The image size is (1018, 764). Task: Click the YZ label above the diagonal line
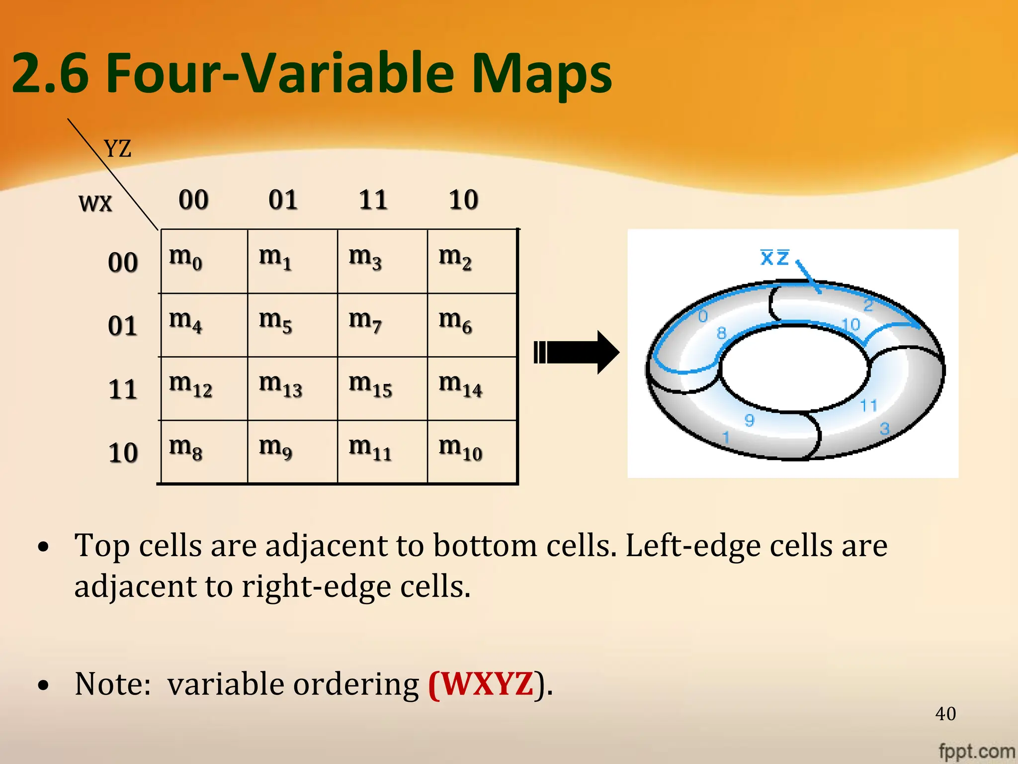tap(118, 148)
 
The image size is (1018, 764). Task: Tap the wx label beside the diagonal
tap(95, 203)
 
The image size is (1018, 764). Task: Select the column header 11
tap(373, 200)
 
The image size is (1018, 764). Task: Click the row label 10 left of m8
tap(123, 453)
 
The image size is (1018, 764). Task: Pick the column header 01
tap(283, 200)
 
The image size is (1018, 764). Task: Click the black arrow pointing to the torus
tap(577, 352)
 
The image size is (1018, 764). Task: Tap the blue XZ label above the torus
tap(774, 257)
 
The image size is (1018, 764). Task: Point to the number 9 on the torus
tap(749, 420)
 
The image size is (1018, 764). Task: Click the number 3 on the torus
tap(884, 428)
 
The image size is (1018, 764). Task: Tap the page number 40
tap(945, 714)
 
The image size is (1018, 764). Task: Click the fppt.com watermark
tap(976, 751)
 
